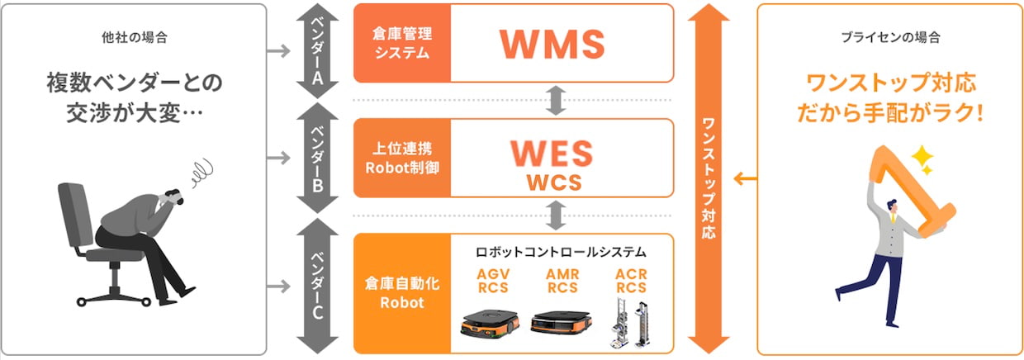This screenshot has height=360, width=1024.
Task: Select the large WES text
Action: coord(552,153)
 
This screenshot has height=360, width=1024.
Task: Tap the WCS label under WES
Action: coord(553,182)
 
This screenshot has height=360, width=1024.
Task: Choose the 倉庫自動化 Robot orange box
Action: coord(402,293)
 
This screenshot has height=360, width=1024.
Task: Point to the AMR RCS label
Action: coord(562,281)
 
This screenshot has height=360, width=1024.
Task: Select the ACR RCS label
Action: coord(631,281)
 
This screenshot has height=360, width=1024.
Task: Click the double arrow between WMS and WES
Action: coord(555,99)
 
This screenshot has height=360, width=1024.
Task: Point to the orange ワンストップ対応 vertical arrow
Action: coord(708,178)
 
